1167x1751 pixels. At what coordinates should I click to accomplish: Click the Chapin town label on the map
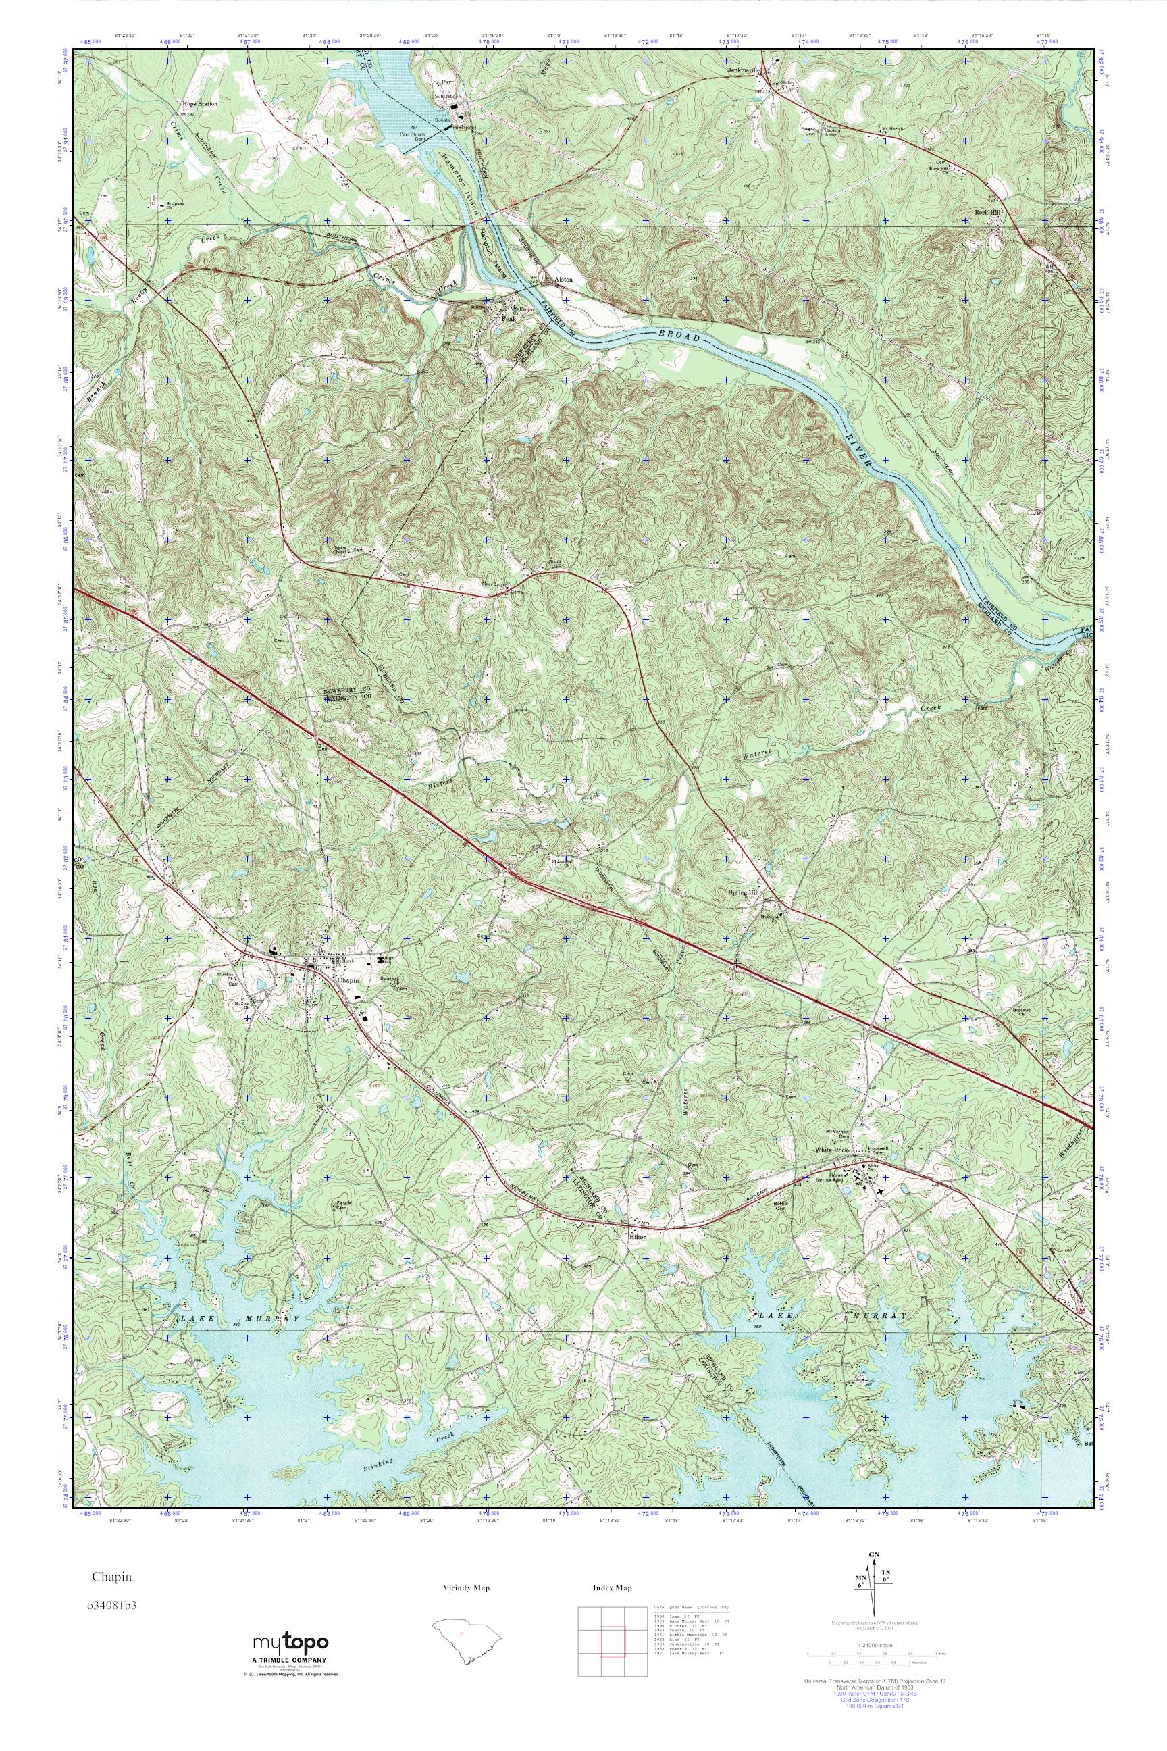click(x=348, y=980)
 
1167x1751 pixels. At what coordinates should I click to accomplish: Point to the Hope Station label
click(x=197, y=104)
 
